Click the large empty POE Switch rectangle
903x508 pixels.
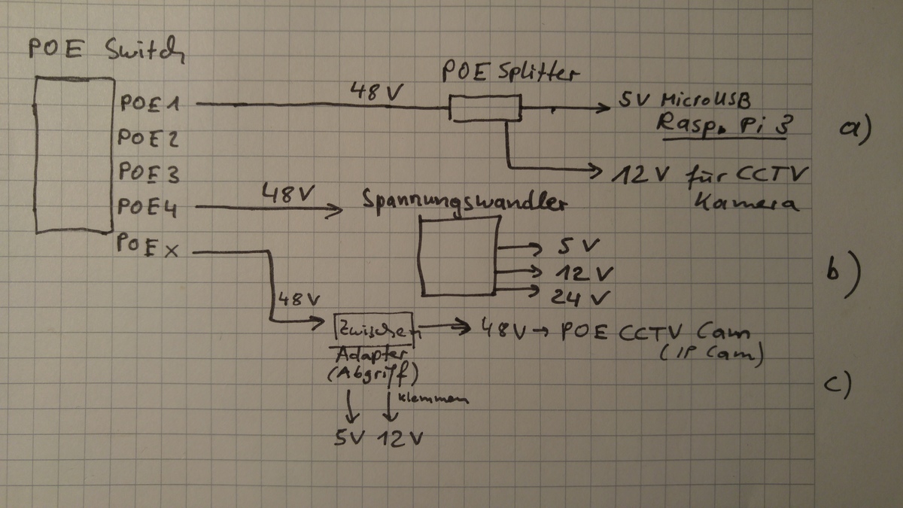[73, 154]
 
